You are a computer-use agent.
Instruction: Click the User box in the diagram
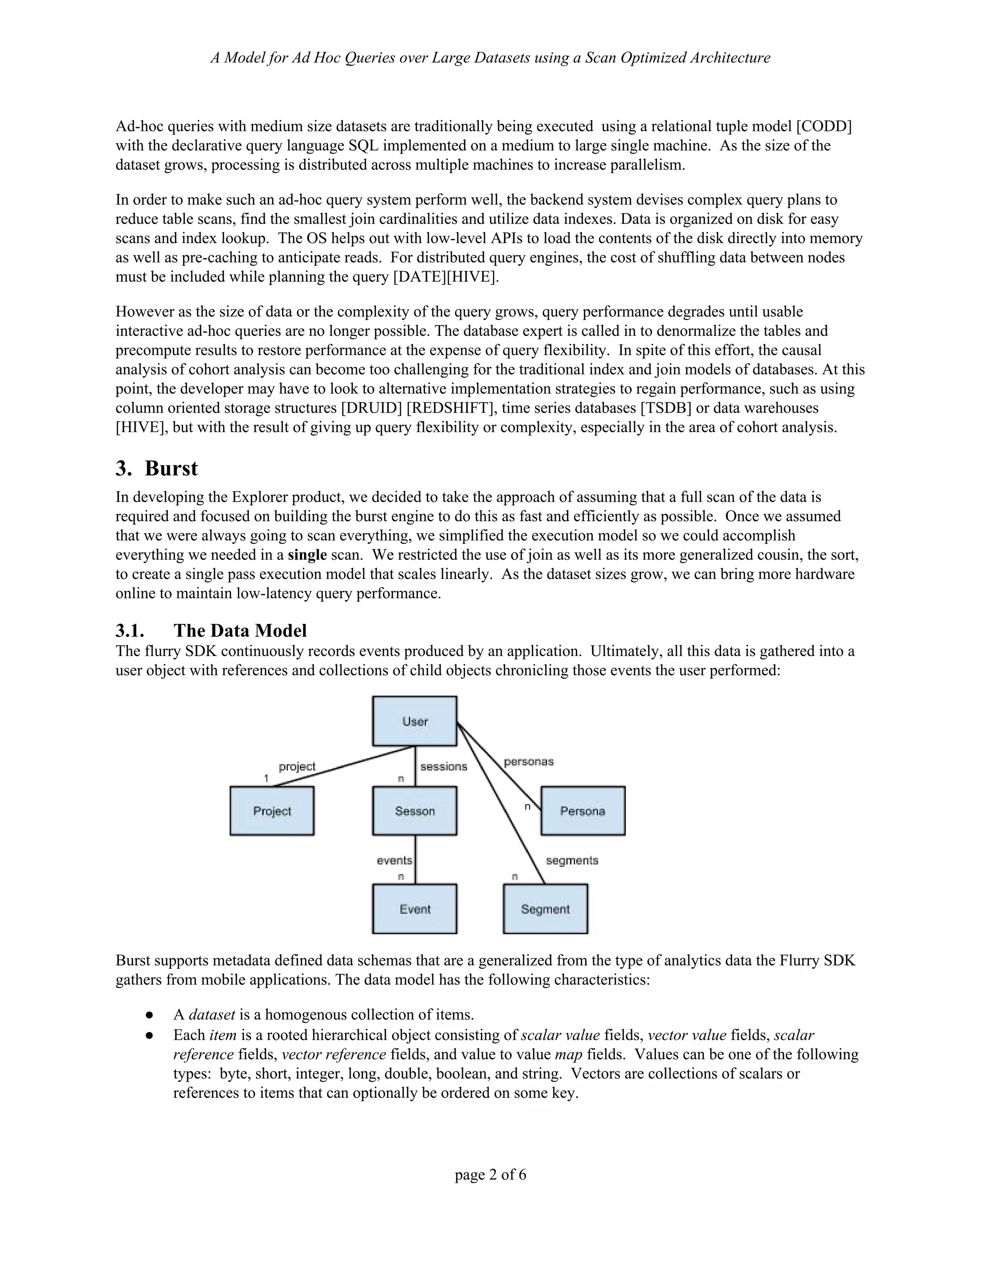click(414, 721)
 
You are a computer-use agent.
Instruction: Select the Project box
click(272, 811)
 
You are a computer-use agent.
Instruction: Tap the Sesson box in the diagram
click(414, 811)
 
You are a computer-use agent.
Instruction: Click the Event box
click(414, 909)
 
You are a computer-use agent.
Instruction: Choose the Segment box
click(545, 909)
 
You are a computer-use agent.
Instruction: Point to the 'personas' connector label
click(528, 761)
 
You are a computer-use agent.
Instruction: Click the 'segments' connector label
click(572, 860)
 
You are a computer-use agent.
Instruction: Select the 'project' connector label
click(297, 766)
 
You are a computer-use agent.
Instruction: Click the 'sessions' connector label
click(444, 766)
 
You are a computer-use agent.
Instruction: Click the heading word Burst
click(171, 469)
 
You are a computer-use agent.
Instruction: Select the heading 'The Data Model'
click(240, 631)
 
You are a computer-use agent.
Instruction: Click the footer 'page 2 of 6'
click(491, 1175)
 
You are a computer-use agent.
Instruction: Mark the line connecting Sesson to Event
click(415, 859)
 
